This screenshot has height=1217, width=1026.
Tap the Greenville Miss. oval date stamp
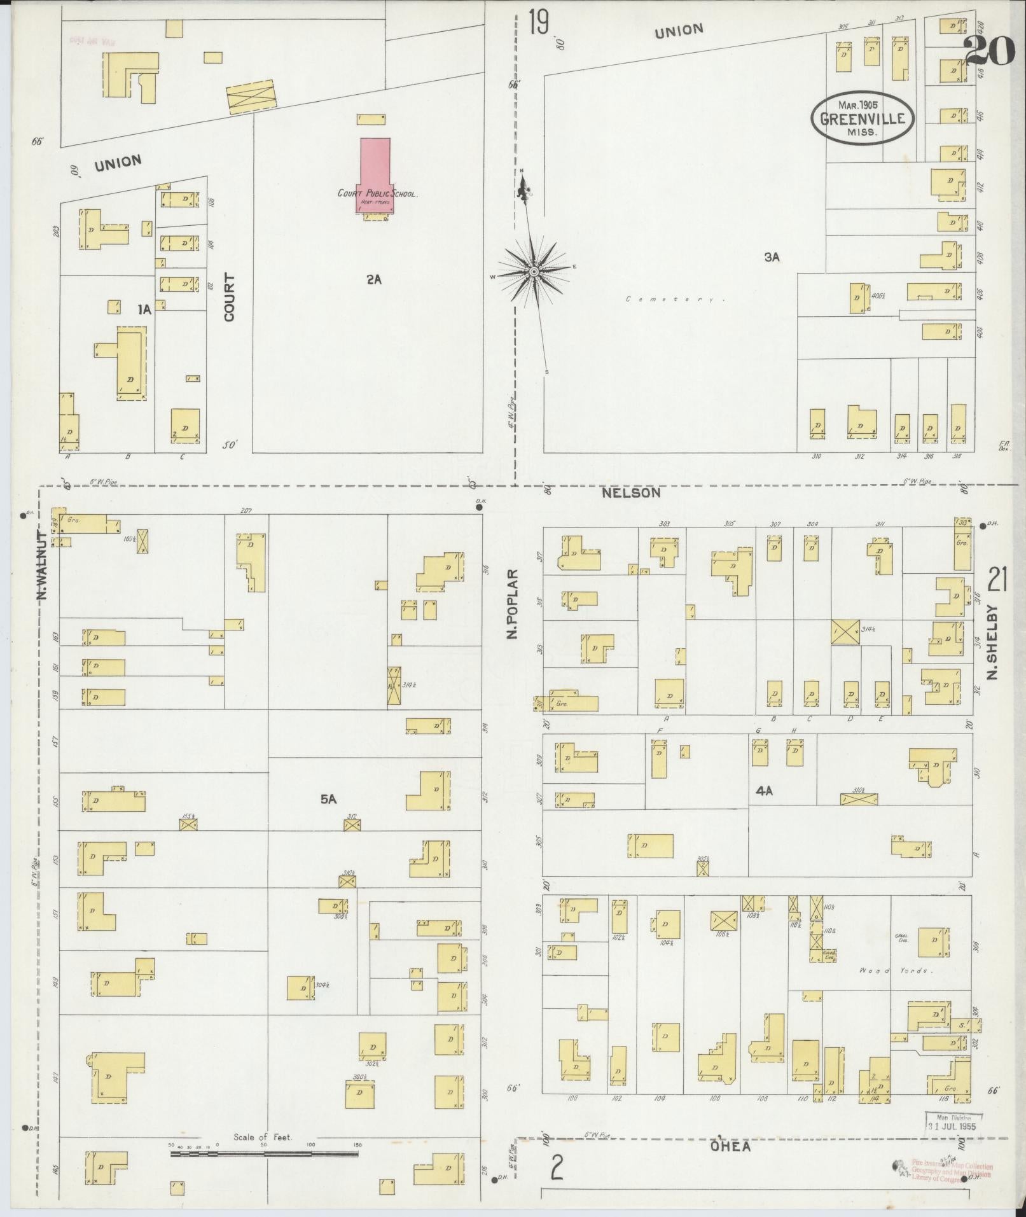tap(861, 118)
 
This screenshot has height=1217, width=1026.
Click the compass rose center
tap(535, 273)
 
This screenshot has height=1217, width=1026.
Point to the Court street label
tap(230, 296)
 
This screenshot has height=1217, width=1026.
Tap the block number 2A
tap(373, 279)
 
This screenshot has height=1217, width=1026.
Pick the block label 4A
tap(763, 791)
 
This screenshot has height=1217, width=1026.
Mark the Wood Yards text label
tap(894, 989)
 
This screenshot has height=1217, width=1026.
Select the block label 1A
tap(144, 310)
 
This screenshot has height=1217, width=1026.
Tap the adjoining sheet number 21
tap(997, 580)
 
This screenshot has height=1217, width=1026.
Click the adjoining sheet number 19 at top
tap(538, 24)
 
